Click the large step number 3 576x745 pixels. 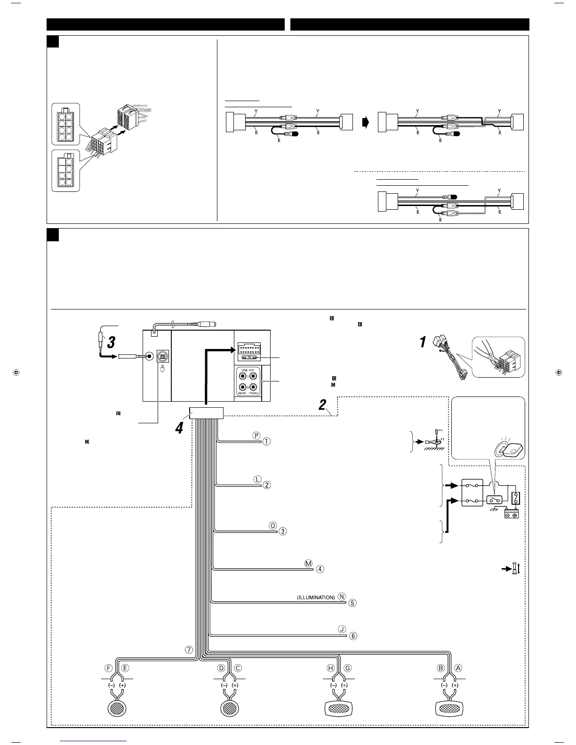pyautogui.click(x=111, y=342)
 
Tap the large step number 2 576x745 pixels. pyautogui.click(x=322, y=404)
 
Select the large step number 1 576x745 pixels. pyautogui.click(x=423, y=342)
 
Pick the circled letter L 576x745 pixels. pyautogui.click(x=257, y=479)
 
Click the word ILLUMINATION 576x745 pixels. pyautogui.click(x=316, y=597)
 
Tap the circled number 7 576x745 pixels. pyautogui.click(x=189, y=650)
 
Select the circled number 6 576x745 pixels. pyautogui.click(x=353, y=636)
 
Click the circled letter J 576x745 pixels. pyautogui.click(x=342, y=629)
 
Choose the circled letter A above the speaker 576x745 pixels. pyautogui.click(x=458, y=668)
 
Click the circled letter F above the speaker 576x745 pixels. pyautogui.click(x=109, y=668)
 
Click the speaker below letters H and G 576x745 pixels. pyautogui.click(x=339, y=707)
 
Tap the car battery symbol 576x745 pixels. pyautogui.click(x=511, y=515)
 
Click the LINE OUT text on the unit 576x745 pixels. pyautogui.click(x=248, y=371)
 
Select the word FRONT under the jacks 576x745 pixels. pyautogui.click(x=254, y=393)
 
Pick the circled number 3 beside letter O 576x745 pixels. pyautogui.click(x=282, y=531)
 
